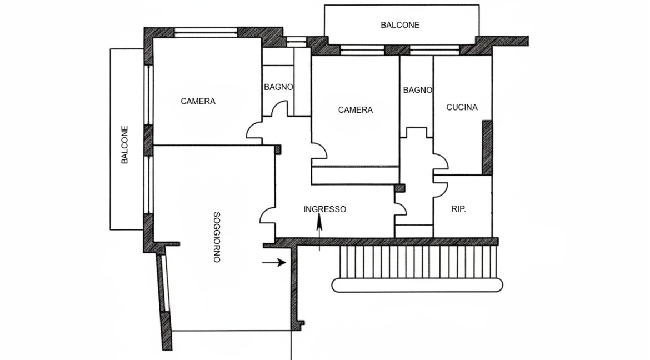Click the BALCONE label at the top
(400, 25)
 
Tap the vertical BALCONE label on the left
(125, 145)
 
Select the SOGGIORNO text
(217, 237)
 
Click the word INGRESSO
(325, 209)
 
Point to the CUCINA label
(462, 107)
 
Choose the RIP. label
(458, 209)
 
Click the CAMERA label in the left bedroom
(198, 101)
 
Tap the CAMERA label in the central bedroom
(356, 110)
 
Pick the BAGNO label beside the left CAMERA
(278, 87)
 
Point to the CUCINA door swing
(441, 162)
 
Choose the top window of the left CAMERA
(206, 33)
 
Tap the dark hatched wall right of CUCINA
(487, 147)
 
